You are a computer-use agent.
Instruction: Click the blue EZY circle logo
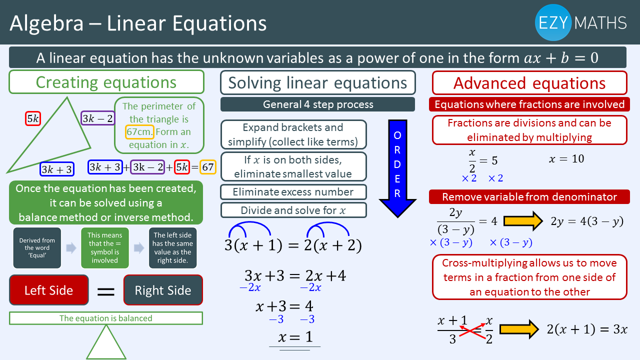[x=553, y=22]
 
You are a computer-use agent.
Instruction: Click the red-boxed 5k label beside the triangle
[x=33, y=118]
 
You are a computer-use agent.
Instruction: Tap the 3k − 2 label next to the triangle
[x=97, y=118]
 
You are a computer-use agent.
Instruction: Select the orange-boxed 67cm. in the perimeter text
[x=139, y=131]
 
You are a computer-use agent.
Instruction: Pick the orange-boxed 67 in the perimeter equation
[x=207, y=167]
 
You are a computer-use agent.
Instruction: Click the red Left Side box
[x=49, y=290]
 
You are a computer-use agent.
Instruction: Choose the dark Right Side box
[x=163, y=290]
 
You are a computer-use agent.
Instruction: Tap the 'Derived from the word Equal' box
[x=37, y=247]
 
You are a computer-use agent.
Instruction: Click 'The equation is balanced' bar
[x=106, y=318]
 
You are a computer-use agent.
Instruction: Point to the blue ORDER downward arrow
[x=397, y=168]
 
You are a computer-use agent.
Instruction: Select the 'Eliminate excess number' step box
[x=293, y=192]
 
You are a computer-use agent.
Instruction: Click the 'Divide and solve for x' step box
[x=293, y=210]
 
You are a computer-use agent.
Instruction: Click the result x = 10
[x=566, y=158]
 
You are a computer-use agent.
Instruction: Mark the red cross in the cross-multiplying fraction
[x=471, y=331]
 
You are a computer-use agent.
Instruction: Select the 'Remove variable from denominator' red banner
[x=529, y=197]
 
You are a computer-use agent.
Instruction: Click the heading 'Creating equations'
[x=106, y=82]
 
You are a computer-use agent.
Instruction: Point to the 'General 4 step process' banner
[x=317, y=104]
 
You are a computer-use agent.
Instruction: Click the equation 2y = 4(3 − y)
[x=587, y=221]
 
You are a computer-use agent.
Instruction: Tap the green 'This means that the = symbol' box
[x=105, y=247]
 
